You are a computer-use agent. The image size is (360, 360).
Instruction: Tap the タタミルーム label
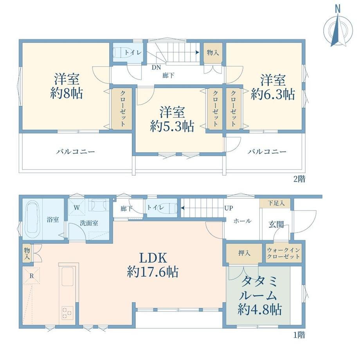point(259,289)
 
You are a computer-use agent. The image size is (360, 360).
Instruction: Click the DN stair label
point(156,67)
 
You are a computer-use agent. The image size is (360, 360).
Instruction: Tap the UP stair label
point(229,208)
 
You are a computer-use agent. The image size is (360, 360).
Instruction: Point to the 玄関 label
point(276,225)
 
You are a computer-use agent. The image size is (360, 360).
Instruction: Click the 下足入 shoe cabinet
point(275,203)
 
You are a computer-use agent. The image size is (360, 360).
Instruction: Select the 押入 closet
point(244,253)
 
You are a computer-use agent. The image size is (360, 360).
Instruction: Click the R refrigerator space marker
point(31,276)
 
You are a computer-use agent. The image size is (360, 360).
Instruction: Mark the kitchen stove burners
point(67,313)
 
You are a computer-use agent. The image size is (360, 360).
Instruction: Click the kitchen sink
point(68,277)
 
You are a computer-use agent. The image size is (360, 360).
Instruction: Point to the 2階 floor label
point(299,179)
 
